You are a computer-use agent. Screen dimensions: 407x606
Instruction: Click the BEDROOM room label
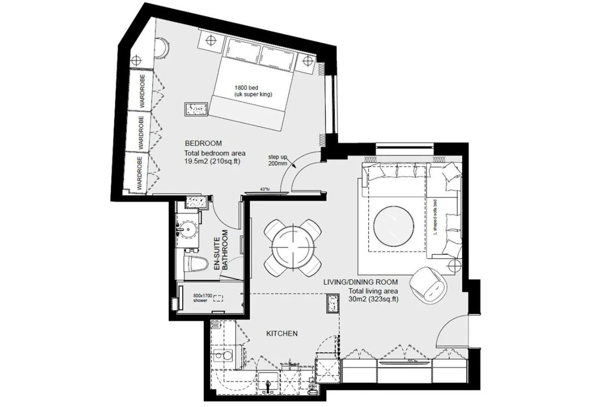click(x=203, y=144)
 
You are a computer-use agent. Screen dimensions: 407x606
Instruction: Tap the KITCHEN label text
click(x=282, y=333)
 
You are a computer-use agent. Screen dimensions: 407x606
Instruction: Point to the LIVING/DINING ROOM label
click(x=360, y=282)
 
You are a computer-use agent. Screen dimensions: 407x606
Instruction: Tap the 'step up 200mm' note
click(x=277, y=160)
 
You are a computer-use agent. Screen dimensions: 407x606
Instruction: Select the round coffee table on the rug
click(x=393, y=225)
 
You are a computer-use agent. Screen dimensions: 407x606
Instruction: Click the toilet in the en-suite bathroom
click(x=195, y=264)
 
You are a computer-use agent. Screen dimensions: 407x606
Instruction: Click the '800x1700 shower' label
click(x=202, y=298)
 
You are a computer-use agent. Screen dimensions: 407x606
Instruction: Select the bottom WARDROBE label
click(x=140, y=174)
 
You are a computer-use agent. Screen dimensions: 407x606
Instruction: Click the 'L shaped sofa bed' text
click(x=435, y=218)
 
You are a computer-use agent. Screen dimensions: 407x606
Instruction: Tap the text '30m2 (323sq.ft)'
click(x=373, y=299)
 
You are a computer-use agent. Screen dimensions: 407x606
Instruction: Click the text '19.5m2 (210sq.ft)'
click(x=212, y=161)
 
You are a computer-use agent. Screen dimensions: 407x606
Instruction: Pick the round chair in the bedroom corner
click(x=162, y=47)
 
